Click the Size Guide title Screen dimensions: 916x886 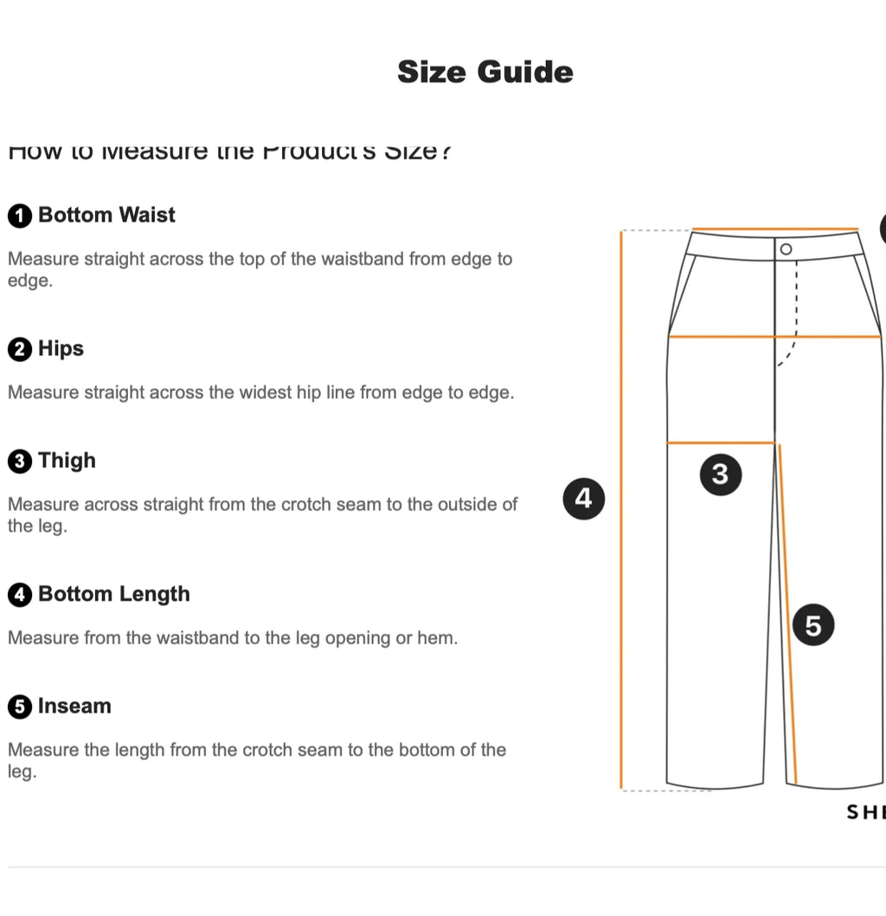click(485, 72)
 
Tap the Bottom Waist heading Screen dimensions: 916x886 click(106, 215)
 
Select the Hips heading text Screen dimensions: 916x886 click(61, 349)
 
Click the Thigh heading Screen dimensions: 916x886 click(67, 461)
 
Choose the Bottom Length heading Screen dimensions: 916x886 click(113, 594)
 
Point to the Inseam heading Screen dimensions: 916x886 click(74, 706)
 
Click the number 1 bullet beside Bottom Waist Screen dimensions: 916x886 click(20, 216)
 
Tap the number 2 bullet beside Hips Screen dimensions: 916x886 click(20, 350)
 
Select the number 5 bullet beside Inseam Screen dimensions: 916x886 click(20, 707)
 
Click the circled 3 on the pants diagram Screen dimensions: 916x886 click(720, 474)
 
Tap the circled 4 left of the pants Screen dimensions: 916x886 click(583, 499)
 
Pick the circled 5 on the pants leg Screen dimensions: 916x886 click(812, 624)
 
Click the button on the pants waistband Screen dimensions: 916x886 click(786, 249)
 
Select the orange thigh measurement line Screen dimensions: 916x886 click(720, 443)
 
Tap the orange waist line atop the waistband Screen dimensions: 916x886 click(774, 229)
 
